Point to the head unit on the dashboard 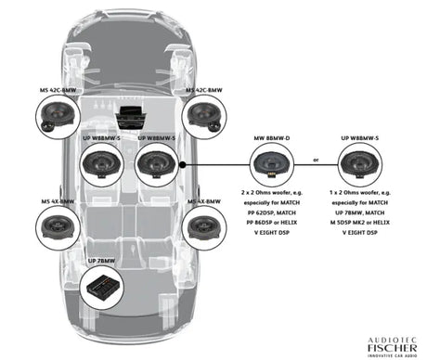click(x=127, y=117)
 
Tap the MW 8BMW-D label click(x=271, y=137)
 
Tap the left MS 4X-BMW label click(x=58, y=201)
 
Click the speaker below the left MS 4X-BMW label click(x=58, y=226)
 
